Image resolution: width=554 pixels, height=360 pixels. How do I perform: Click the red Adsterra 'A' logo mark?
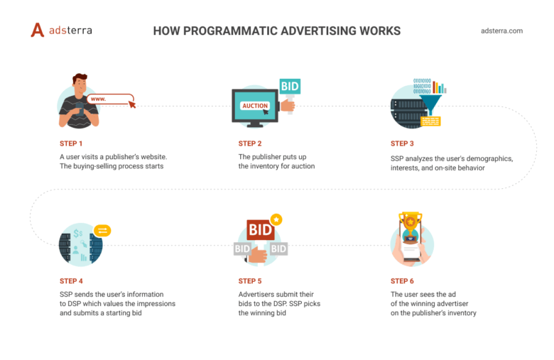(x=38, y=30)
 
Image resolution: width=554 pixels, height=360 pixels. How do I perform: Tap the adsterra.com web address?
(x=501, y=31)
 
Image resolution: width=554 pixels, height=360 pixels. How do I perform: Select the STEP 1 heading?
(x=71, y=143)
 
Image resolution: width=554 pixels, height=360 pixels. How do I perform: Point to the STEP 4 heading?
(x=71, y=281)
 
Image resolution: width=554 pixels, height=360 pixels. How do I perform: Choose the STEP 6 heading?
(x=402, y=281)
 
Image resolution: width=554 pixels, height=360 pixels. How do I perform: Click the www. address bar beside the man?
(x=110, y=99)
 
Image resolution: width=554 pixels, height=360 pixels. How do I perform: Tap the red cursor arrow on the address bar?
(x=132, y=104)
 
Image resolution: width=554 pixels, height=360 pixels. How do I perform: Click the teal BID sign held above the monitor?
(x=290, y=86)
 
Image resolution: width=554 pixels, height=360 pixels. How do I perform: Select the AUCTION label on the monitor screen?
(x=255, y=106)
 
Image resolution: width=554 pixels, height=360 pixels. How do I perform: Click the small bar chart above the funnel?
(x=440, y=87)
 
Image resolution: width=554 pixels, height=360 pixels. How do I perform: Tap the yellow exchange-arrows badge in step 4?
(x=102, y=231)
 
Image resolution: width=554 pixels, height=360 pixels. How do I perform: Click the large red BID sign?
(x=261, y=230)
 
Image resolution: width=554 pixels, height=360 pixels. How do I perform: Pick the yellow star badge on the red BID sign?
(x=276, y=219)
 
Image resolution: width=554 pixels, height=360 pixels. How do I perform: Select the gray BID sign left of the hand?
(x=242, y=249)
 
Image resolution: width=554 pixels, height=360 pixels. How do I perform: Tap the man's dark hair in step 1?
(x=80, y=77)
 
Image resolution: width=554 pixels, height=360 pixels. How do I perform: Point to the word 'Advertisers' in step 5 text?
(x=256, y=294)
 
